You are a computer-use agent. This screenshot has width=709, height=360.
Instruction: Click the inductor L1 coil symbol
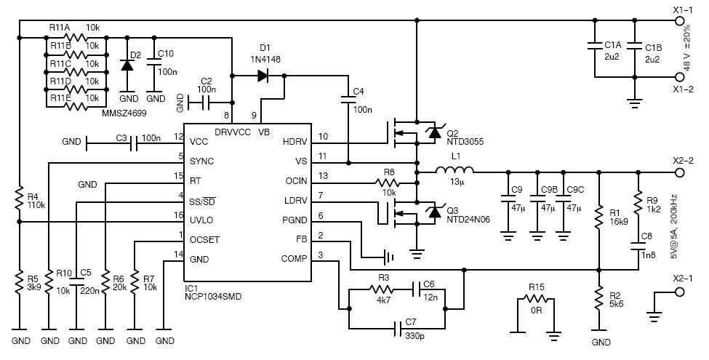[455, 169]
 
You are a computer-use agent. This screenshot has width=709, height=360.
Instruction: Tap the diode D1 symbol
[263, 75]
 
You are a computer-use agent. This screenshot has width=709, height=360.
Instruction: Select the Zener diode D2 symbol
[127, 65]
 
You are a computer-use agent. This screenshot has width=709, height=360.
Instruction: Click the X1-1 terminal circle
[678, 20]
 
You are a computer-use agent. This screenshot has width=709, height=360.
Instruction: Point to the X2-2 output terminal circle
[678, 172]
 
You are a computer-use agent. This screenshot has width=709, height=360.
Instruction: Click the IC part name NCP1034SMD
[212, 297]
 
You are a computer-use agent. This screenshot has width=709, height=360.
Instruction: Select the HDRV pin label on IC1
[295, 142]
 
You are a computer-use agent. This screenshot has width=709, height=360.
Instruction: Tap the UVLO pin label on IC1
[201, 220]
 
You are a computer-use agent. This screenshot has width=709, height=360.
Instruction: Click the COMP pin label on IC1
[294, 259]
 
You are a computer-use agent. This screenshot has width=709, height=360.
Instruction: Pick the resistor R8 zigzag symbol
[388, 183]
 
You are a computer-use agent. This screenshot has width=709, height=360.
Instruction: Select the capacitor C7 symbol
[398, 328]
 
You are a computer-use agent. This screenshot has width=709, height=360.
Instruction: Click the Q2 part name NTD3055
[465, 142]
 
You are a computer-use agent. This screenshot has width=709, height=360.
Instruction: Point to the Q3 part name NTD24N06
[468, 220]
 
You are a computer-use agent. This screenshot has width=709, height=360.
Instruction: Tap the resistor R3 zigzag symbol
[382, 289]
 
